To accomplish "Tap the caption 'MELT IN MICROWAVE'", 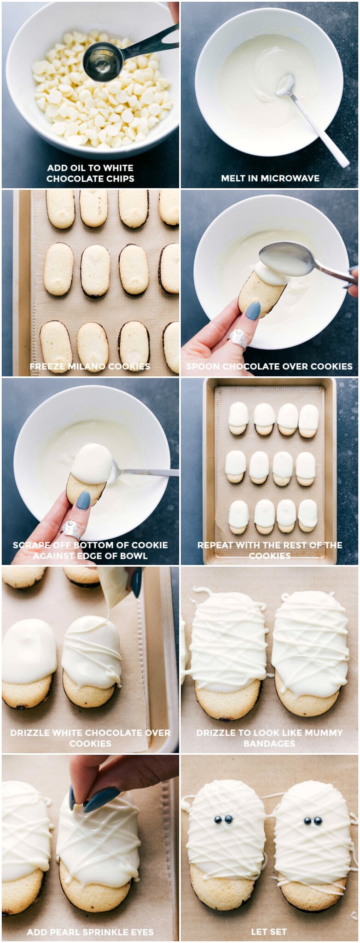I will [270, 178].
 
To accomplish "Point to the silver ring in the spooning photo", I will [238, 338].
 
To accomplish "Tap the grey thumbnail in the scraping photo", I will [83, 500].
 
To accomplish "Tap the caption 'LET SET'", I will [269, 932].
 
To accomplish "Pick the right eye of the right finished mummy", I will [318, 821].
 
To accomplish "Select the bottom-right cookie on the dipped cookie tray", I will [308, 516].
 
